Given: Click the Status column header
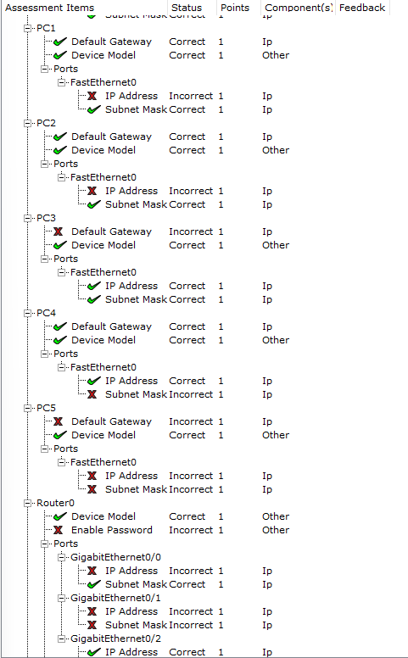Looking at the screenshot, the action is pos(187,8).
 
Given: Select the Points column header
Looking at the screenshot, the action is pos(235,8).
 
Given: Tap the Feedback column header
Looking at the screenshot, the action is pos(362,8).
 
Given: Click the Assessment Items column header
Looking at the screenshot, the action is pos(49,8).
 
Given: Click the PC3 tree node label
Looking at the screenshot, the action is pos(46,218).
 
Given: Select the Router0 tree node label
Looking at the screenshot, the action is pos(55,503).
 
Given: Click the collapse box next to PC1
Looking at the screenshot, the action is pos(28,28).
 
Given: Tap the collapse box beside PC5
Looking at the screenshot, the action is pos(28,408).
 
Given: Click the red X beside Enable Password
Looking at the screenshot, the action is pos(59,530).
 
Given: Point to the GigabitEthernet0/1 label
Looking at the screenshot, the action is pos(115,598).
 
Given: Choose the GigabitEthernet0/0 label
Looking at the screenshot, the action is pos(115,557).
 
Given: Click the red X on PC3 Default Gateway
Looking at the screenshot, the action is pos(59,231).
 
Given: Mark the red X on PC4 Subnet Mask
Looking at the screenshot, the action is pos(92,394).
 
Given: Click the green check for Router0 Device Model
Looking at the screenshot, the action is pos(60,516).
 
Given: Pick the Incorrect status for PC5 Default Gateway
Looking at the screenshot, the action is pos(191,421).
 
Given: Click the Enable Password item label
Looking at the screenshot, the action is pos(112,530).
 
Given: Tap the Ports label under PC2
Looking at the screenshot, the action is pos(65,164).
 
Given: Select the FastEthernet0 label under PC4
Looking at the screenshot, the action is pos(103,367).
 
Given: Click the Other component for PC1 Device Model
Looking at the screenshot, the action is pos(276,55).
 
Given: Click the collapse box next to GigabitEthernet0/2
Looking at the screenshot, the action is pos(61,638).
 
